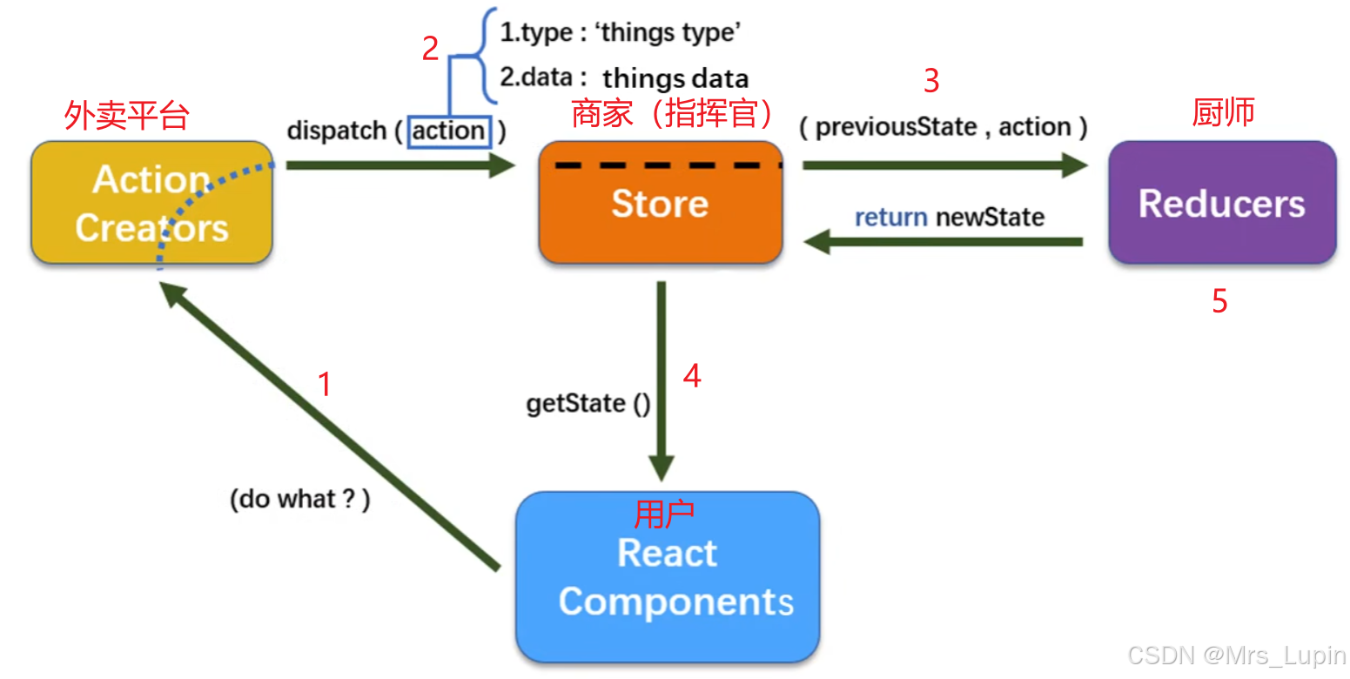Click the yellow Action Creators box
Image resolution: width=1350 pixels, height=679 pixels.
(151, 203)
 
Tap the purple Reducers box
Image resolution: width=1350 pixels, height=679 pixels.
(1221, 203)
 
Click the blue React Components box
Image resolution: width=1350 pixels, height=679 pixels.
(668, 577)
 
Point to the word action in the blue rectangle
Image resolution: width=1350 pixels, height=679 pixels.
(449, 131)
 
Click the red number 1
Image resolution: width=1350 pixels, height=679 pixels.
(325, 384)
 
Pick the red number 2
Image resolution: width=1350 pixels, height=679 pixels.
(430, 50)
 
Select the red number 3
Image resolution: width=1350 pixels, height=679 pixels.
(931, 81)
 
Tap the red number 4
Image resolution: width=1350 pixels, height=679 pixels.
(692, 376)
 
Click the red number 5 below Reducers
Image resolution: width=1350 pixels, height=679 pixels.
(1219, 301)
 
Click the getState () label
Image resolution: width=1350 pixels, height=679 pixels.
(588, 404)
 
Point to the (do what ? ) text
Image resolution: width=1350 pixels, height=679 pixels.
(300, 500)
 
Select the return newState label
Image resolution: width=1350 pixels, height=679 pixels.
(949, 217)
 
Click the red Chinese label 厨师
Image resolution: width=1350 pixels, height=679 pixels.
(1223, 112)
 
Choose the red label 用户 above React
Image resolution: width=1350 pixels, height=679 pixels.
(664, 514)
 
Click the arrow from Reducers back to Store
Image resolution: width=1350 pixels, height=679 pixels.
(944, 243)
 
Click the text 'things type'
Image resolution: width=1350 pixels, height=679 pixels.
(669, 34)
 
